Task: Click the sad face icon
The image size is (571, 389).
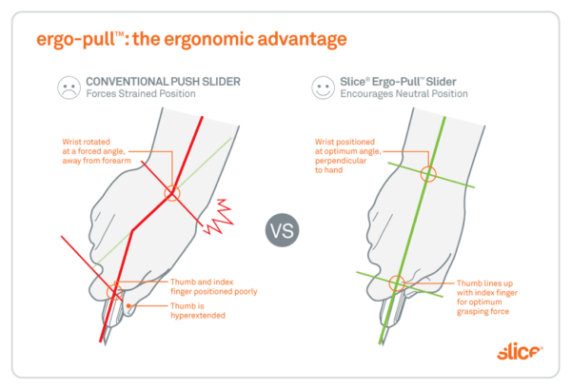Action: coord(66,88)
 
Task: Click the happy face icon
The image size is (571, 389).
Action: coord(323,88)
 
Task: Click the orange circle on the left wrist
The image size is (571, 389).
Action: coord(171,193)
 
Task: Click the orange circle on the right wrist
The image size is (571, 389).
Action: coord(427,174)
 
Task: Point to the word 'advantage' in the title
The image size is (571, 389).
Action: coord(295,40)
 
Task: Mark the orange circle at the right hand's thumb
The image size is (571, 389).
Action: coord(397,282)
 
